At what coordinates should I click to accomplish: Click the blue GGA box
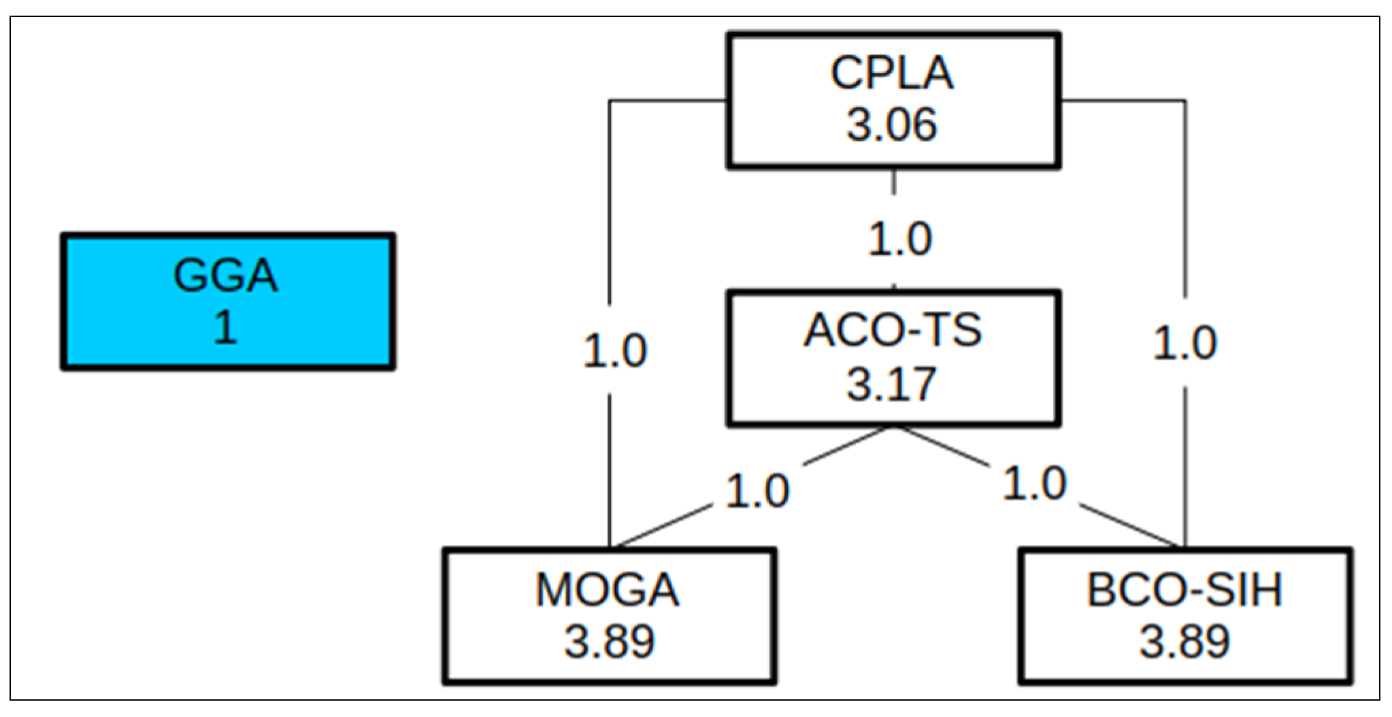(228, 301)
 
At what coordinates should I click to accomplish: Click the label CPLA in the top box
(892, 73)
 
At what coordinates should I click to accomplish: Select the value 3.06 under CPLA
(892, 124)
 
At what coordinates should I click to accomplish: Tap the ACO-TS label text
(893, 331)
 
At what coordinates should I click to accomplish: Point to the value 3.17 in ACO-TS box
(892, 384)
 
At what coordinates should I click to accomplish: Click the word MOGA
(608, 589)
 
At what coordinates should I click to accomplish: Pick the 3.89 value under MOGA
(609, 641)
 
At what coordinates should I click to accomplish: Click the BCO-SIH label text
(1184, 589)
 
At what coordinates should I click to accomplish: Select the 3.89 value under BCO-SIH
(1184, 641)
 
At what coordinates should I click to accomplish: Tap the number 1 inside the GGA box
(226, 327)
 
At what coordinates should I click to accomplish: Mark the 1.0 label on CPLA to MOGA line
(615, 351)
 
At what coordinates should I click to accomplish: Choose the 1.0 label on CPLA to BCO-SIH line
(1184, 342)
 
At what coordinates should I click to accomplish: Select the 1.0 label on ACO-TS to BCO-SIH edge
(1035, 484)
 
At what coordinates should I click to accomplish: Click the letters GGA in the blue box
(226, 276)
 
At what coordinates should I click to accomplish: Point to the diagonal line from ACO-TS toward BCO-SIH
(1129, 525)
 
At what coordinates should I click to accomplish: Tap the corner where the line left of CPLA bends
(610, 101)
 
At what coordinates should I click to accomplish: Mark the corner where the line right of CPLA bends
(1186, 101)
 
